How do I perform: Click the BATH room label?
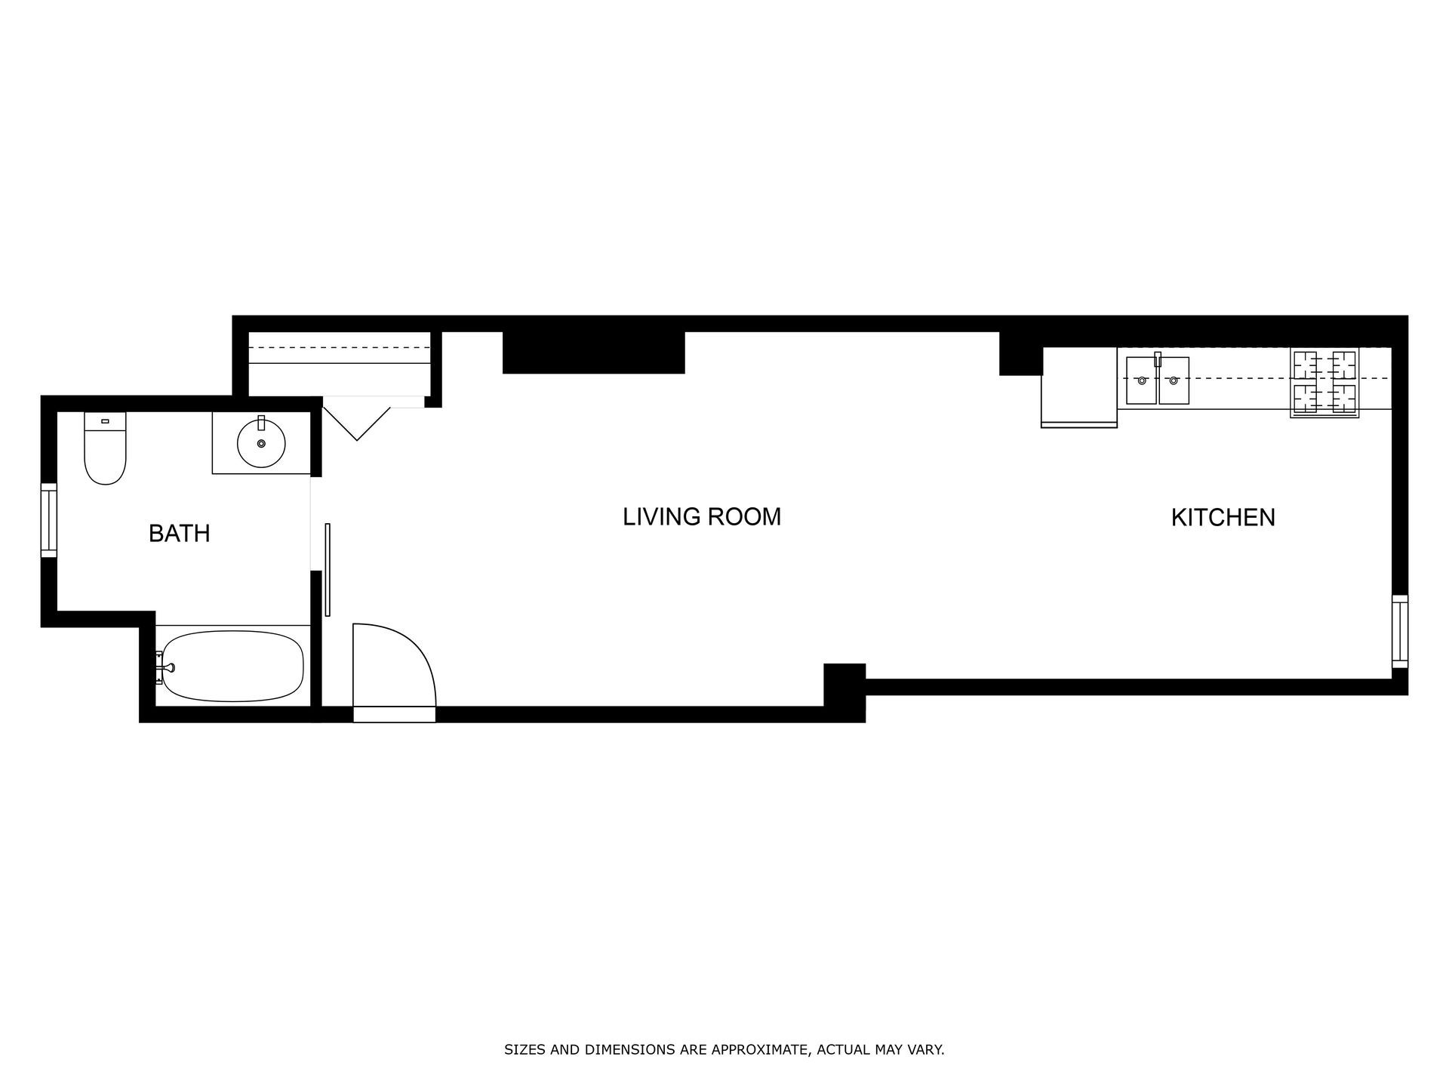coord(179,534)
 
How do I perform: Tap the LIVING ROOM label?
coord(702,517)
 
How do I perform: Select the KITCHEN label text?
coord(1223,518)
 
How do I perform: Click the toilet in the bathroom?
coord(105,448)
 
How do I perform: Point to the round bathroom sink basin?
coord(261,444)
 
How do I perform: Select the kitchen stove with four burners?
coord(1324,383)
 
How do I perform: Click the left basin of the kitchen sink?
coord(1141,381)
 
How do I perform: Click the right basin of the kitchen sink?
coord(1174,381)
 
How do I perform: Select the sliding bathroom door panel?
coord(328,569)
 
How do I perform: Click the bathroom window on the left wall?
coord(48,520)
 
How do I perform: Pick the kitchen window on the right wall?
coord(1400,631)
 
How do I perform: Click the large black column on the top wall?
coord(594,353)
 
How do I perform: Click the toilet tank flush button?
coord(105,420)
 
